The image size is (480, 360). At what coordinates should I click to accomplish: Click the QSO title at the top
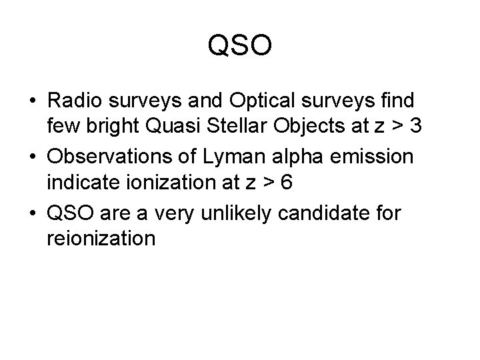click(x=240, y=47)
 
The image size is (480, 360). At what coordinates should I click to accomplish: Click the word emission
click(x=382, y=159)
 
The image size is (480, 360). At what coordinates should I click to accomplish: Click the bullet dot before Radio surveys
click(x=33, y=102)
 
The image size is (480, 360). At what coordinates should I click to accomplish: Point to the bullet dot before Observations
click(x=33, y=159)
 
